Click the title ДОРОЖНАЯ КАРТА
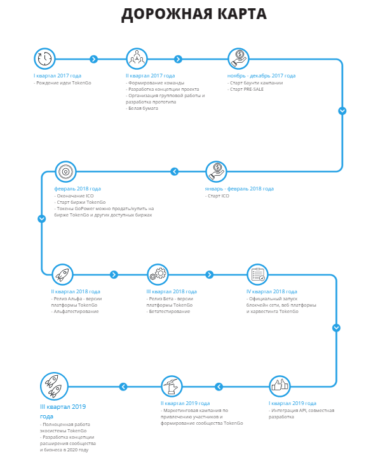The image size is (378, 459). [194, 14]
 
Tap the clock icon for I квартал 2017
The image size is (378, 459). [44, 59]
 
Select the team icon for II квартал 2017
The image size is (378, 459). [137, 59]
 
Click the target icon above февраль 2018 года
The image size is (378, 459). [65, 171]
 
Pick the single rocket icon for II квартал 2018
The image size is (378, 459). [62, 275]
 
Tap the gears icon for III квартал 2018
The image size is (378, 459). [158, 275]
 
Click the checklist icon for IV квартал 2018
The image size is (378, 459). [257, 275]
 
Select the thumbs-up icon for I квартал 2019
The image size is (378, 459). [280, 387]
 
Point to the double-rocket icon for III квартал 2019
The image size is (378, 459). [54, 387]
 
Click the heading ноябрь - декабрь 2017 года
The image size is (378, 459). [261, 76]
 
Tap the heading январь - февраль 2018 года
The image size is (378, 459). [239, 189]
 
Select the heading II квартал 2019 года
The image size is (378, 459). [186, 403]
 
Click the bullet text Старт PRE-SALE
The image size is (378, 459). [246, 90]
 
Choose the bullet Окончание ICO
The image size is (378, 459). [74, 196]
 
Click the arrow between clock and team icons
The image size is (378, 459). [94, 59]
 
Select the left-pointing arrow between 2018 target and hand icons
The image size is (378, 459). [174, 171]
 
